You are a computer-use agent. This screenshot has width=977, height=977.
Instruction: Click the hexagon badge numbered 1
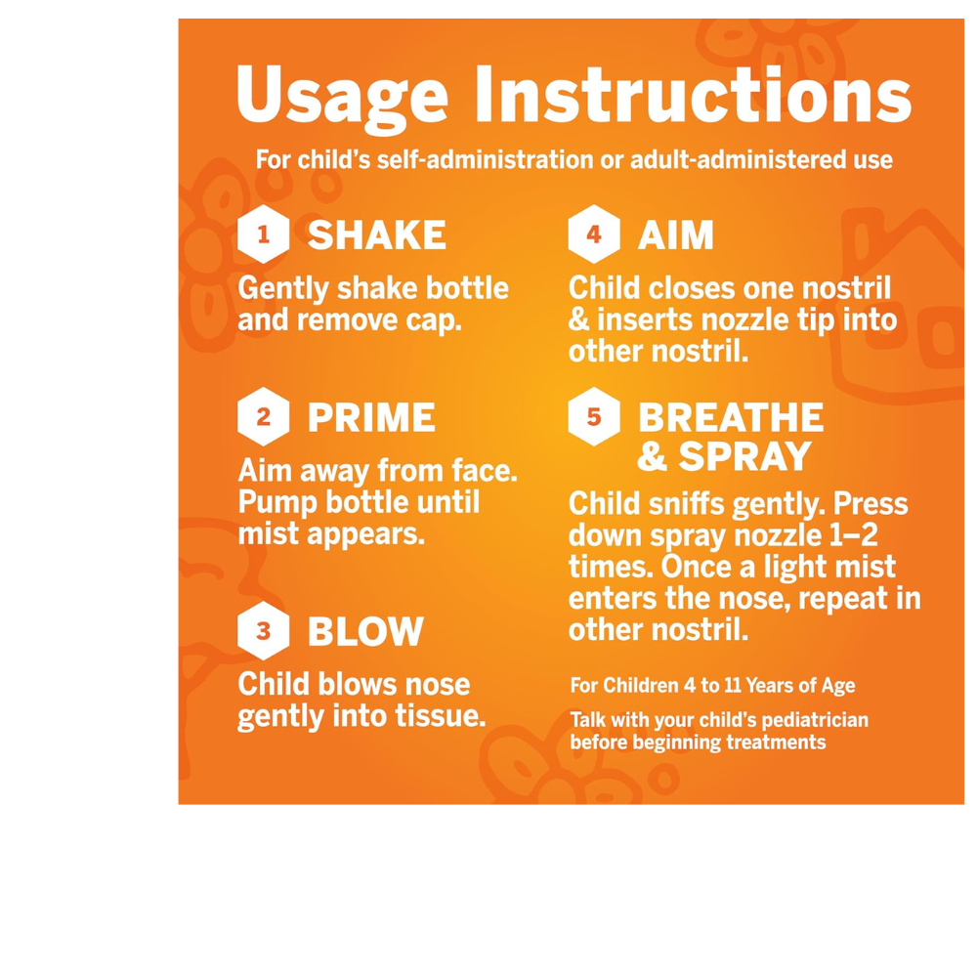click(x=263, y=235)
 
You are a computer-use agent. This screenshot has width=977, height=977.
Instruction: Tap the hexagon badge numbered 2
click(x=263, y=418)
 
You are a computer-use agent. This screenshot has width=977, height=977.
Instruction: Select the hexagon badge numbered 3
click(x=263, y=631)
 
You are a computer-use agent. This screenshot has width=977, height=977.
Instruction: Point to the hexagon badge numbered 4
click(x=593, y=235)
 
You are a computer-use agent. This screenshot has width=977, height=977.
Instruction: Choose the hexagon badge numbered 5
click(x=593, y=418)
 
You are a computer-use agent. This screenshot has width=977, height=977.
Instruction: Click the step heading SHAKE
click(x=376, y=235)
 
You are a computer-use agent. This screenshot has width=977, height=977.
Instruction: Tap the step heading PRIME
click(x=371, y=418)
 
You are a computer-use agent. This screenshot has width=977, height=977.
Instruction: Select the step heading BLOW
click(x=365, y=631)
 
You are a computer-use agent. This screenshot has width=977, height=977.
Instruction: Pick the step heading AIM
click(x=675, y=235)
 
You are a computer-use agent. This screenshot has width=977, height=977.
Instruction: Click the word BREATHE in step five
click(x=730, y=418)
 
